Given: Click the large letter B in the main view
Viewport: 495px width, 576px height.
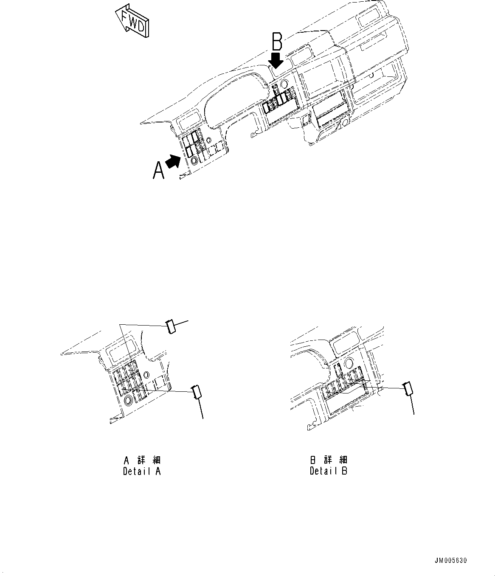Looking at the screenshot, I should [x=277, y=42].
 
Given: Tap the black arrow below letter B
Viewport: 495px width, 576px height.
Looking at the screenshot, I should [x=276, y=60].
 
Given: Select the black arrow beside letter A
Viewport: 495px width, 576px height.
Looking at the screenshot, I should [x=172, y=161].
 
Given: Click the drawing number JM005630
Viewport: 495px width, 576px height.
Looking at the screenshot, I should [x=450, y=561].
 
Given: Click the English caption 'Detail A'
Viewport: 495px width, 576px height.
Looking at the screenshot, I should [x=142, y=471].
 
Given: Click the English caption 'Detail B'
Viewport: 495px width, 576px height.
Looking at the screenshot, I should [x=329, y=471].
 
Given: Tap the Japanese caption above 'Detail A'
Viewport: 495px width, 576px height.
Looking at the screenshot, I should [x=142, y=460].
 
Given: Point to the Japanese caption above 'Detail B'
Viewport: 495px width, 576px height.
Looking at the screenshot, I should [x=329, y=460].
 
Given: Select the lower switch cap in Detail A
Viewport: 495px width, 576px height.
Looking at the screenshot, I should [x=197, y=391].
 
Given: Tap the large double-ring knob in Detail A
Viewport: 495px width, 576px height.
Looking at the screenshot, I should [x=128, y=400].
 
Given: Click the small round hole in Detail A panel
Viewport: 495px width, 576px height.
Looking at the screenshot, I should [x=146, y=374].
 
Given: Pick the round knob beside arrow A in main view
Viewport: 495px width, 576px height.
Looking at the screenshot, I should [x=194, y=160].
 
